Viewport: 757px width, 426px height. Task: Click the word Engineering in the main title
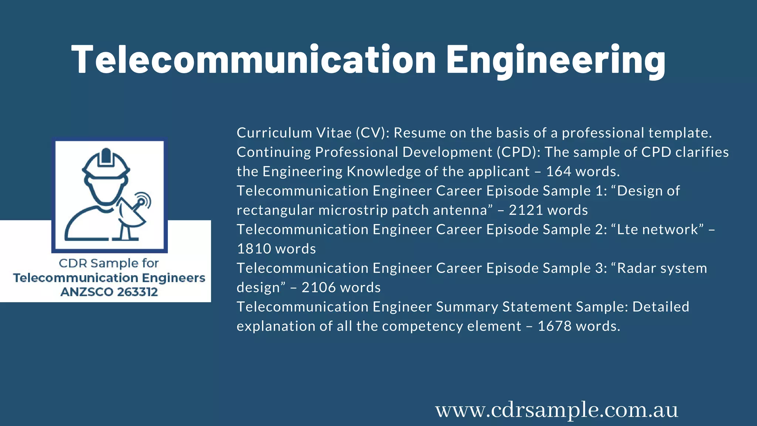pyautogui.click(x=556, y=60)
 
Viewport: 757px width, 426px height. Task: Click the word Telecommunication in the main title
pyautogui.click(x=254, y=60)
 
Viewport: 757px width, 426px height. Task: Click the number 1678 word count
pyautogui.click(x=554, y=326)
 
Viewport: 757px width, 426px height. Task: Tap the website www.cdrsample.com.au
pyautogui.click(x=557, y=410)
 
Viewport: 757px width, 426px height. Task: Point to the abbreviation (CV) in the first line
pyautogui.click(x=372, y=133)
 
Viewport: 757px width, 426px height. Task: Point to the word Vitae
pyautogui.click(x=334, y=133)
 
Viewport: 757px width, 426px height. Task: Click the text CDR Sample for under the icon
pyautogui.click(x=109, y=263)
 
